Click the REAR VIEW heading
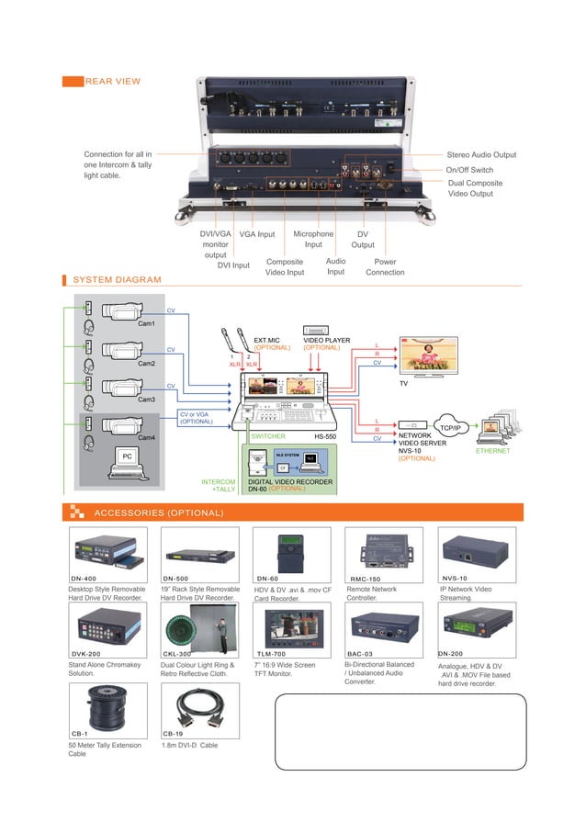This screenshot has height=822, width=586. pos(112,82)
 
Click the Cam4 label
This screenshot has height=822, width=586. pos(146,438)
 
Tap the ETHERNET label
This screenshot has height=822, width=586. pos(492,451)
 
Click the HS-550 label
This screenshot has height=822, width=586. pos(326,437)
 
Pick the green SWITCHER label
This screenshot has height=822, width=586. pos(268,437)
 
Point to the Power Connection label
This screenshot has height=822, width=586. pos(386,266)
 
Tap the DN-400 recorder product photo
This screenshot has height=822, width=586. pos(105,551)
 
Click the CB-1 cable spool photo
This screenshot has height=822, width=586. pos(105,704)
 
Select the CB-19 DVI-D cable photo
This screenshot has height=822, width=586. pos(197,705)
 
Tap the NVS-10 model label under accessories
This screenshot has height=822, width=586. pos(455,579)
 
